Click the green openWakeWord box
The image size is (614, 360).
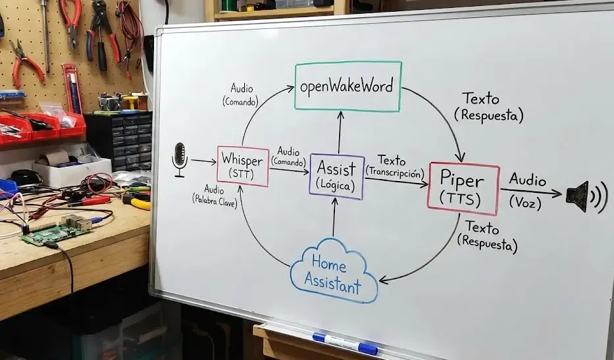[348, 86]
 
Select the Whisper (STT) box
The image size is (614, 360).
[243, 167]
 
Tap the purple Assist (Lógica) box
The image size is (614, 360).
[337, 176]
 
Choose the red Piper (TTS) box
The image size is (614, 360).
[464, 188]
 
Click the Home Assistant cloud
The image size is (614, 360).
[333, 272]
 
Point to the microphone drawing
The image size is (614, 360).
[179, 159]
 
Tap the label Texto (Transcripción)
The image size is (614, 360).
[393, 165]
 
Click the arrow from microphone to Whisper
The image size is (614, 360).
[203, 161]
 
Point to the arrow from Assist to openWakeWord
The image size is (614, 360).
[340, 132]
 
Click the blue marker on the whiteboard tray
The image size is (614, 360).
[345, 344]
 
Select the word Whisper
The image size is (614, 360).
[243, 159]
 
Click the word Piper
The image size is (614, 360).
[463, 180]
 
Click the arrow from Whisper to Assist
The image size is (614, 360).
[289, 170]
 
